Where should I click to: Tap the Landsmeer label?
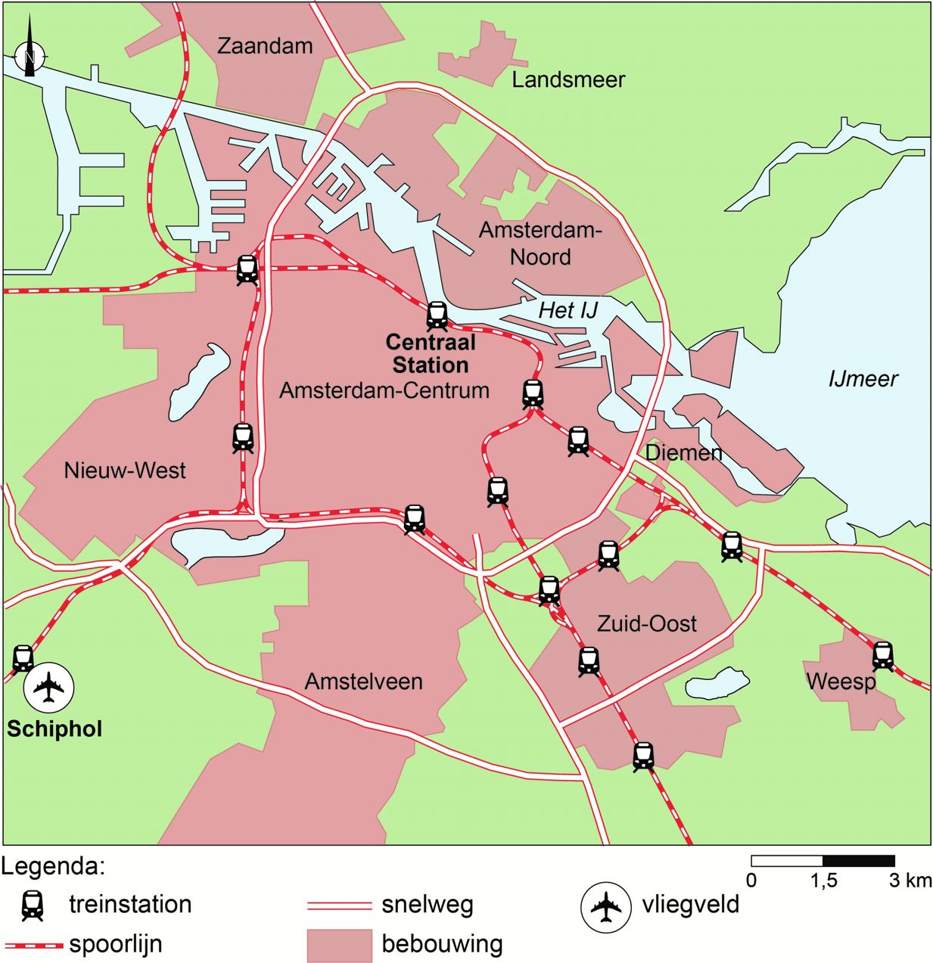click(568, 79)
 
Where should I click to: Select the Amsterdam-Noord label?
click(540, 244)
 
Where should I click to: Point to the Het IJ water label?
click(568, 309)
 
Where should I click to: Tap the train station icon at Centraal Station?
click(437, 315)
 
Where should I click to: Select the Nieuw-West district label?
click(125, 471)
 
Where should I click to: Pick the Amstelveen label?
click(363, 681)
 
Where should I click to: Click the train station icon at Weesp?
click(882, 655)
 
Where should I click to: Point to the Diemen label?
click(683, 452)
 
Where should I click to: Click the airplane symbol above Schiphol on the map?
click(48, 687)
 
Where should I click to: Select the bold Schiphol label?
click(54, 729)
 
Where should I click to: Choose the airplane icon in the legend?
click(605, 906)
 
